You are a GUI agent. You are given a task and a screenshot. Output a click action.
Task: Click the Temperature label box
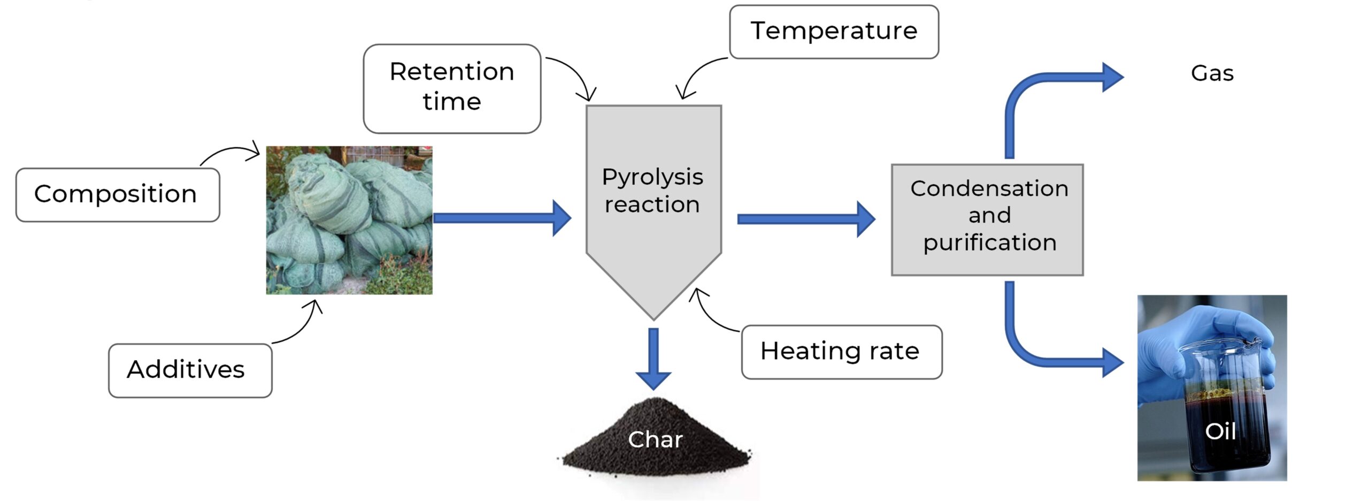[833, 32]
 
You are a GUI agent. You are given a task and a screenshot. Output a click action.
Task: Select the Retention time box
[452, 88]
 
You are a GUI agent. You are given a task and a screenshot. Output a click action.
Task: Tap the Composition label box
[117, 194]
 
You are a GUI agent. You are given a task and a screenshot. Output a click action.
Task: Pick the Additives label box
[190, 370]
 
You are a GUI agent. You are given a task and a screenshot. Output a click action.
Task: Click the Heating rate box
[841, 352]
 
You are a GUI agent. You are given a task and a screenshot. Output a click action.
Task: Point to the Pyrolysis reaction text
[652, 191]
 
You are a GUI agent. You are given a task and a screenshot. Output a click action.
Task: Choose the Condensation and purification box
[987, 219]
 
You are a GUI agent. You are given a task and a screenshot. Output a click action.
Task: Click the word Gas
[1212, 73]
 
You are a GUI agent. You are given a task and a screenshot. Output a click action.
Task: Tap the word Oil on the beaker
[1220, 431]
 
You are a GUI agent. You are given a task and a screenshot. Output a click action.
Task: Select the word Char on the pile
[655, 439]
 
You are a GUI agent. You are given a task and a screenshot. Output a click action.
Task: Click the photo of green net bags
[349, 220]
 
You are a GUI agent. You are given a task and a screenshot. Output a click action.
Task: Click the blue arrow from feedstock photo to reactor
[502, 218]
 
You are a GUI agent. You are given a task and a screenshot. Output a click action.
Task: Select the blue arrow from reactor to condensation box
[805, 219]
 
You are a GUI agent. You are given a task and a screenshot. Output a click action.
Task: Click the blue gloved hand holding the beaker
[1176, 348]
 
